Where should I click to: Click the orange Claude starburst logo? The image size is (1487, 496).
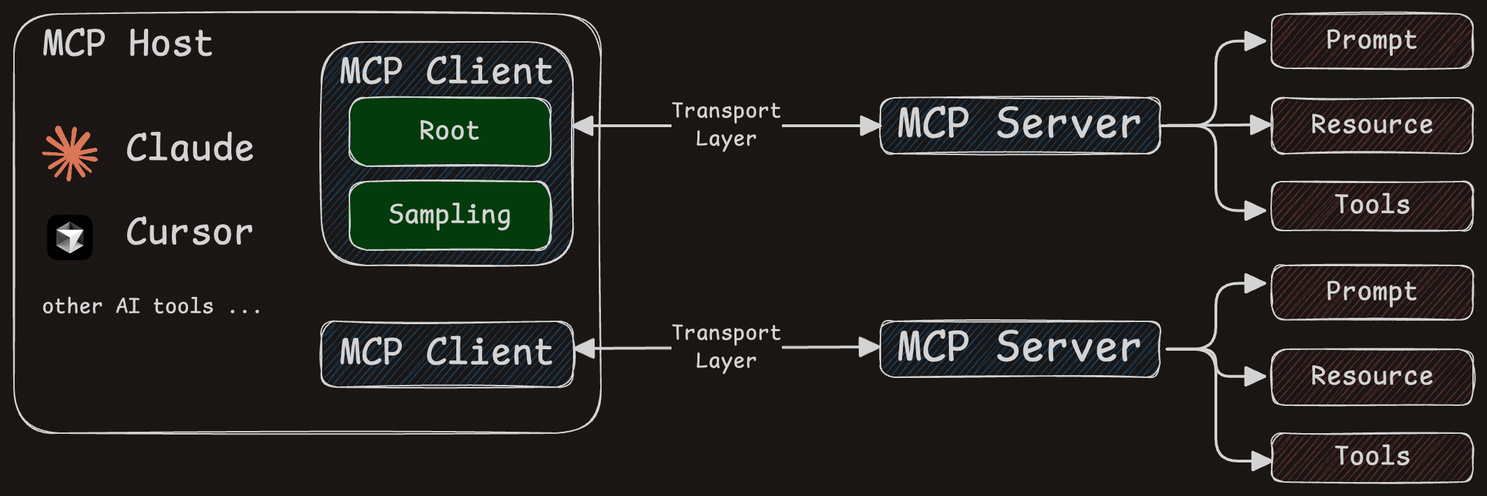tap(70, 153)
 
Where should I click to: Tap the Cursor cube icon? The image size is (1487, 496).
tap(70, 238)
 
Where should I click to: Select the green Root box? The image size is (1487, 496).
tap(449, 131)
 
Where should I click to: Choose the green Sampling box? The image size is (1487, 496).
tap(449, 215)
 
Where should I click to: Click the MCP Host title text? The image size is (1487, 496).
tap(127, 43)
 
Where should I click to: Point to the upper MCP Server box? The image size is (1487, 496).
tap(1020, 125)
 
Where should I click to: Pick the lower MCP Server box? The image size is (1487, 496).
tap(1020, 349)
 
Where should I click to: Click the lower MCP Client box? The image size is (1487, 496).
tap(447, 353)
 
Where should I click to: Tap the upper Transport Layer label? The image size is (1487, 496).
tap(726, 124)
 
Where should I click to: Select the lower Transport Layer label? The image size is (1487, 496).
tap(726, 347)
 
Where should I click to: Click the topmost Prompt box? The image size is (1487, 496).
tap(1372, 41)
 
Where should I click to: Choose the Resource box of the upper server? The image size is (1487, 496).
tap(1372, 125)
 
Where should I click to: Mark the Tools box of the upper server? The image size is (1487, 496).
tap(1372, 205)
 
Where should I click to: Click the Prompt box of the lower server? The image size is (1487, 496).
tap(1372, 292)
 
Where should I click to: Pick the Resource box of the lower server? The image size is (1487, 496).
tap(1372, 377)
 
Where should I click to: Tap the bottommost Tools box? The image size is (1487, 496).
tap(1372, 457)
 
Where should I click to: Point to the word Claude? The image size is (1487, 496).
tap(189, 148)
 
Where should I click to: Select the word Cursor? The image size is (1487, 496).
tap(189, 232)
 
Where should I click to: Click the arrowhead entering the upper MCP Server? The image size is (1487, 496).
tap(870, 126)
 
